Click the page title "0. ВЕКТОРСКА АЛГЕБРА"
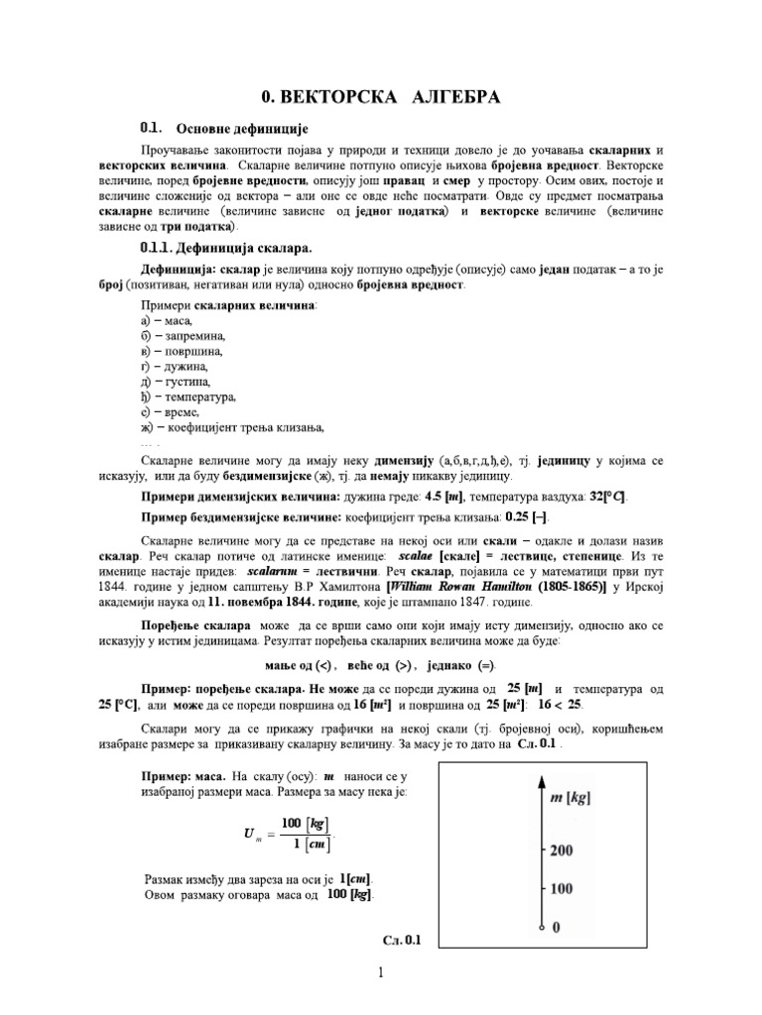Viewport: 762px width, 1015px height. [x=380, y=97]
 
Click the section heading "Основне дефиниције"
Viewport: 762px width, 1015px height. [x=242, y=129]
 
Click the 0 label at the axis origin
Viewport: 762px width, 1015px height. [x=555, y=926]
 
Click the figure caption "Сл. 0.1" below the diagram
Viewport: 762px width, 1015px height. [x=402, y=941]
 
